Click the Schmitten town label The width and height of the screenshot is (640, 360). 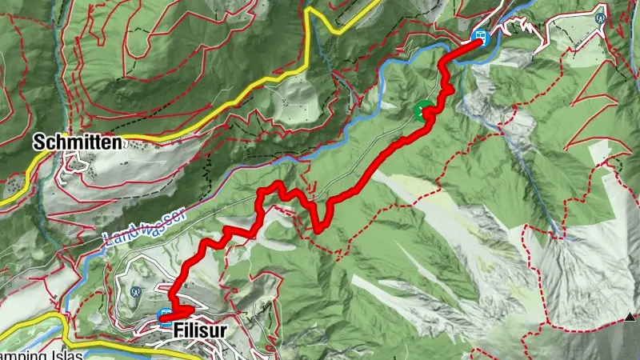point(77,143)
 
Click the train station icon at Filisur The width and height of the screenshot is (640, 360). point(166,315)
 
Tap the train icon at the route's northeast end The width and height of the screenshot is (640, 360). point(481,36)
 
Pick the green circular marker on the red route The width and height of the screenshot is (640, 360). point(422,111)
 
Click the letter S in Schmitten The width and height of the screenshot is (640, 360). point(38,143)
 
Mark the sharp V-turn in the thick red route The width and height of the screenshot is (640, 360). point(319,229)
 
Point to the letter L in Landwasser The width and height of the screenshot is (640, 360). point(107,237)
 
